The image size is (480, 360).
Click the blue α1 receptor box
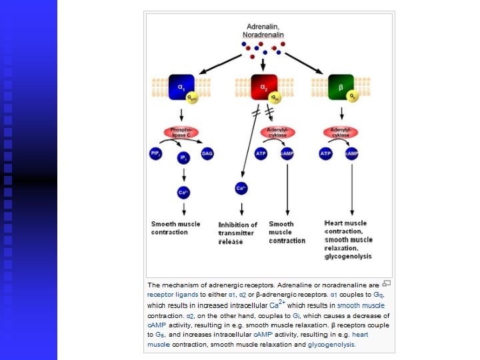click(181, 87)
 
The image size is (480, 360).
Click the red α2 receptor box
click(263, 87)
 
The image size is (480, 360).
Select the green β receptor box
click(340, 87)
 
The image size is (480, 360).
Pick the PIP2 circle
click(155, 153)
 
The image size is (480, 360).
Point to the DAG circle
click(207, 153)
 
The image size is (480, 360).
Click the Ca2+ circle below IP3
click(183, 193)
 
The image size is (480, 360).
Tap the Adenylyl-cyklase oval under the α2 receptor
click(276, 132)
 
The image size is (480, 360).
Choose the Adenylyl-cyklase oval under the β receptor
click(341, 132)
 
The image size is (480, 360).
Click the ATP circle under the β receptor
click(326, 153)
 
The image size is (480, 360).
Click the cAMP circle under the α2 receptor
click(287, 153)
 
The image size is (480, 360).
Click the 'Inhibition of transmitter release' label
click(237, 233)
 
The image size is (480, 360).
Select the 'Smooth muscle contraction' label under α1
click(175, 228)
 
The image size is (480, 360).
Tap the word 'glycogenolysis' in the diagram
click(349, 256)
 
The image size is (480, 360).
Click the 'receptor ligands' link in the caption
click(173, 294)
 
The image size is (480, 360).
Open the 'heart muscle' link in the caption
click(360, 334)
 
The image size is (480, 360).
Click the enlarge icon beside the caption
click(387, 283)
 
